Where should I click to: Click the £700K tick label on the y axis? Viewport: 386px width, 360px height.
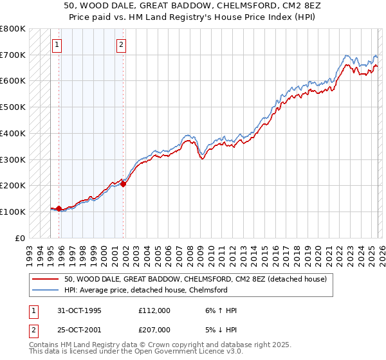coord(13,55)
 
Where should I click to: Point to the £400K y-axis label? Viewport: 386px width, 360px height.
coord(13,134)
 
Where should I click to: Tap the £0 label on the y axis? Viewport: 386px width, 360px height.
coord(19,238)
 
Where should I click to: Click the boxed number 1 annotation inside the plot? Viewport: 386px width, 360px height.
coord(58,45)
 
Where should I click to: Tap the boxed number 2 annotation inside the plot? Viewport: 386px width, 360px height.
coord(122,45)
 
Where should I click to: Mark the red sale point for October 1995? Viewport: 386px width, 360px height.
coord(59,208)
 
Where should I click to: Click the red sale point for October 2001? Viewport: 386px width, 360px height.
coord(123,184)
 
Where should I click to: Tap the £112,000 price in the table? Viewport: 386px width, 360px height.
coord(154,310)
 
